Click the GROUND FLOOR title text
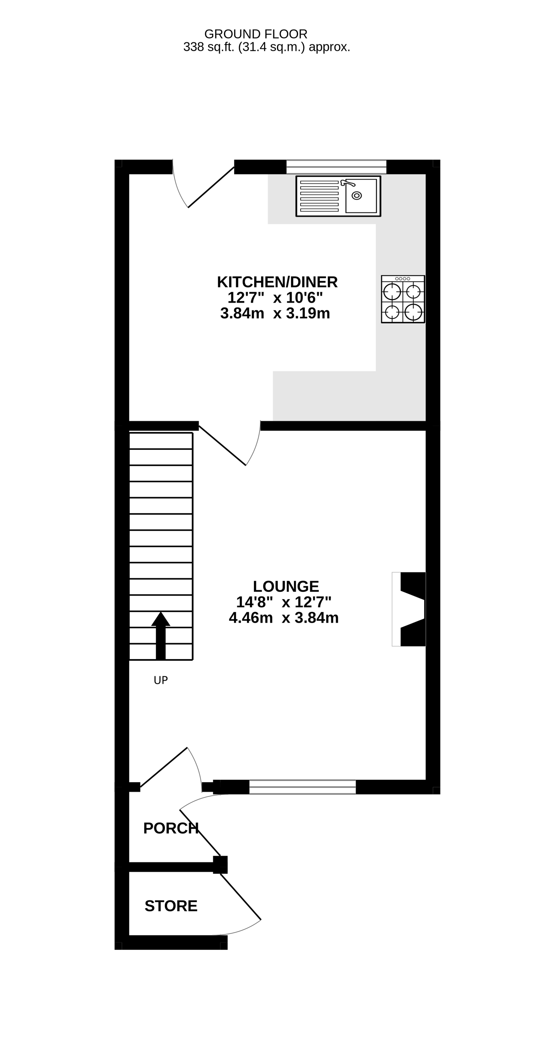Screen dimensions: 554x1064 256,34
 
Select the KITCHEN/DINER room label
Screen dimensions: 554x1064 277,282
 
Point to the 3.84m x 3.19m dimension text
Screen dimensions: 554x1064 275,313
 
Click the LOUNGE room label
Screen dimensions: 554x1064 286,586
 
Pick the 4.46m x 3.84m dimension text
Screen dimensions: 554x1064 284,618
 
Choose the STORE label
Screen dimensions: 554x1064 171,906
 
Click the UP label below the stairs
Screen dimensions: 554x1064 161,680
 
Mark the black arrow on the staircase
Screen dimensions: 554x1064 161,636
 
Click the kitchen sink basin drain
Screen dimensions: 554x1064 356,195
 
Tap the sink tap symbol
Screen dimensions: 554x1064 347,182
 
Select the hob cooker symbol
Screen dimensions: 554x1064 403,299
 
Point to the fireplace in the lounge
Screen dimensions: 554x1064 409,609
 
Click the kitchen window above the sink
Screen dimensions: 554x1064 336,167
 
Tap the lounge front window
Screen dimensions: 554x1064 302,787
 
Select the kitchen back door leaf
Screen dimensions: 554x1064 211,187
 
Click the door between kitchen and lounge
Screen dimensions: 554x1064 222,446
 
